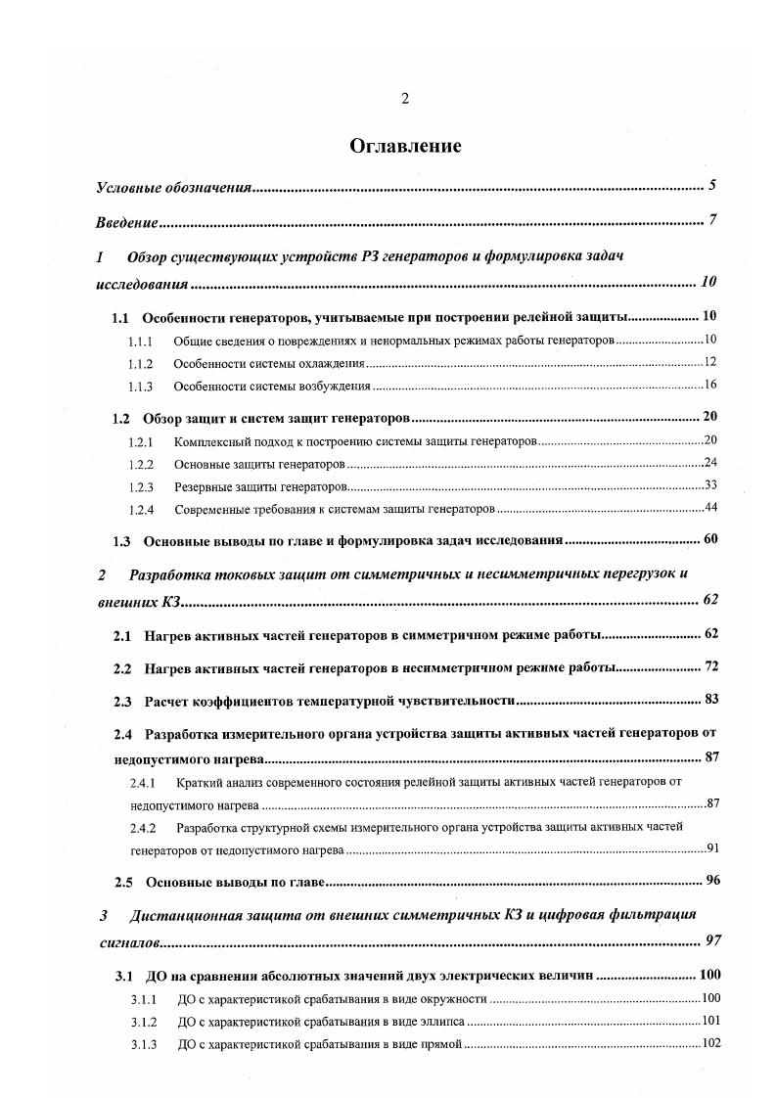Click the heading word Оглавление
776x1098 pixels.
point(405,146)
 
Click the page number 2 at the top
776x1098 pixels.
point(405,98)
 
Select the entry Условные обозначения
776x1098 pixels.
point(174,186)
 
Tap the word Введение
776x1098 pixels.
point(127,222)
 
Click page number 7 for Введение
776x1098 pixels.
point(713,220)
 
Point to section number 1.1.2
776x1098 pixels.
point(140,363)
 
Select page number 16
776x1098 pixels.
point(711,385)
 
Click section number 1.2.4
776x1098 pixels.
point(141,509)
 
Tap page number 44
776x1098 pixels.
point(711,507)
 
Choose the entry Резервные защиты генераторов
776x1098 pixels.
point(260,486)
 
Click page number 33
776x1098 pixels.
point(711,485)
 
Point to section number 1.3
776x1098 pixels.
point(122,540)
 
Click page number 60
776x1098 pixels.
point(711,539)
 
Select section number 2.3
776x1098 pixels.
point(123,701)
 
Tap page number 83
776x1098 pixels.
point(711,700)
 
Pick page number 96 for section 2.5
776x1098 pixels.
point(712,880)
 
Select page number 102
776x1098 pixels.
point(711,1042)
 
